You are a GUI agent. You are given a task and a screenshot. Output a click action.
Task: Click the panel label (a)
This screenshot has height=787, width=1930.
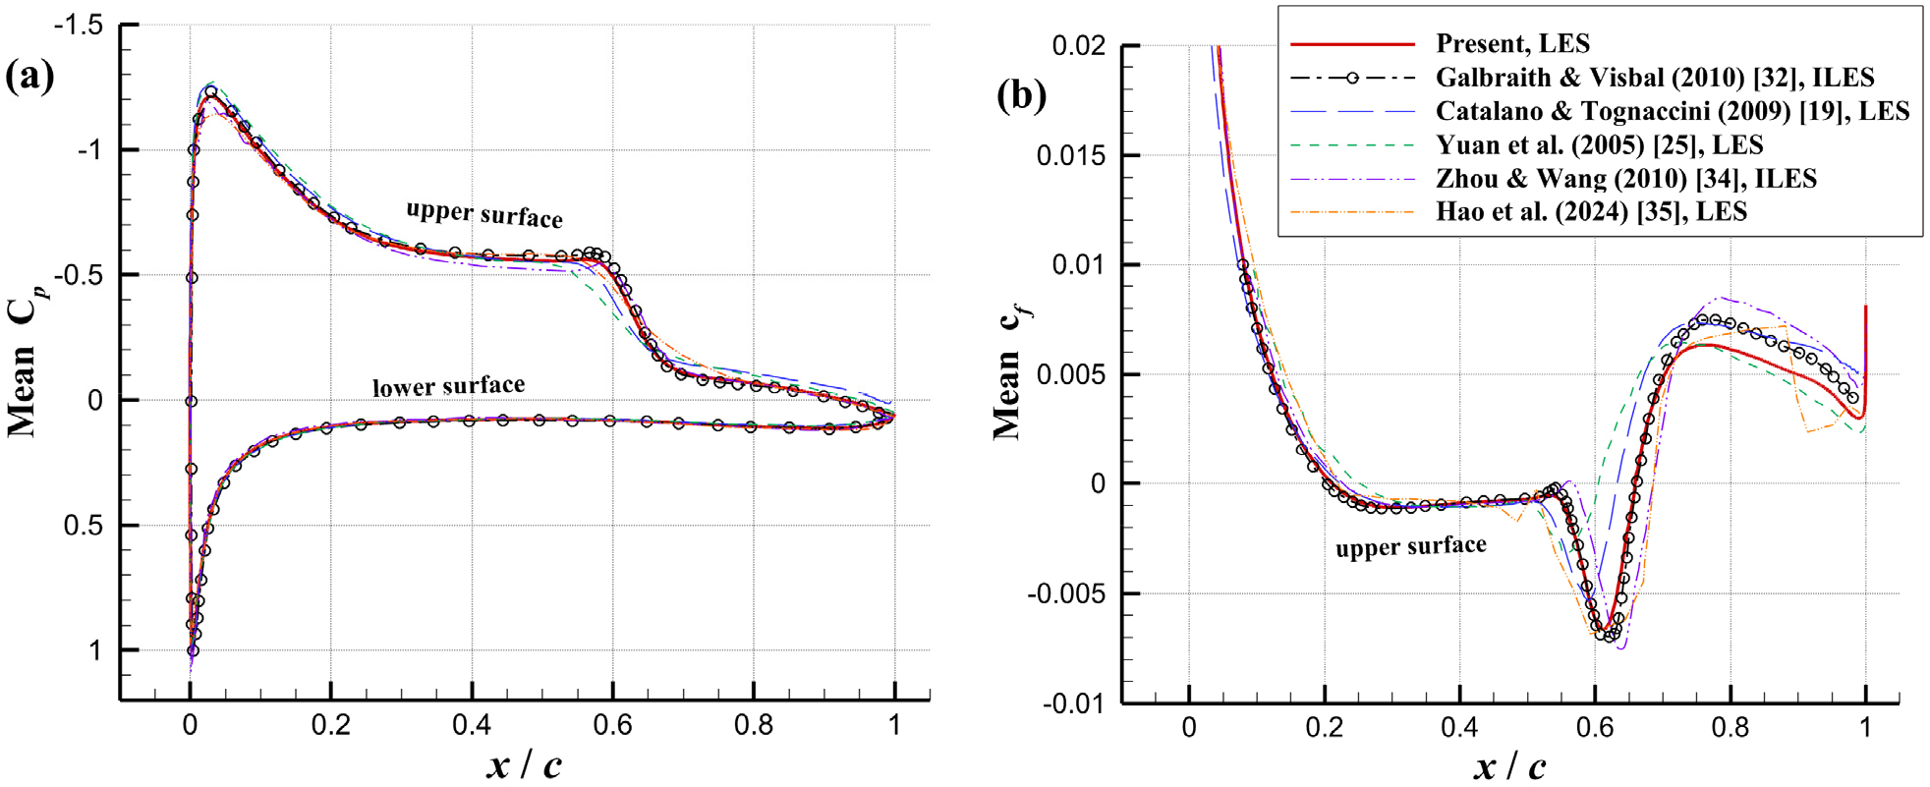click(x=30, y=76)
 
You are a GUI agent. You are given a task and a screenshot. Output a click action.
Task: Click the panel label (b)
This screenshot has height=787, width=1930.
click(x=1021, y=95)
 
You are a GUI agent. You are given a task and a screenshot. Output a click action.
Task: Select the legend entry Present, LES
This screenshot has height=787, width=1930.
click(x=1512, y=43)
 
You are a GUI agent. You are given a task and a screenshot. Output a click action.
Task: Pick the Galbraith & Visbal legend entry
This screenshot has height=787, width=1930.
click(x=1654, y=78)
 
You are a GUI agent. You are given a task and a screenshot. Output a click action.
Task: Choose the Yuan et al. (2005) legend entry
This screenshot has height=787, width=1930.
click(x=1599, y=145)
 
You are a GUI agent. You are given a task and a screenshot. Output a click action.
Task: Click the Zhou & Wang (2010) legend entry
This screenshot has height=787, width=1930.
click(x=1625, y=179)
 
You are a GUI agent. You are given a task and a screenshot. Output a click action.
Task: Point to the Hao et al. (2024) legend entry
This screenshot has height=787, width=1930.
click(x=1591, y=212)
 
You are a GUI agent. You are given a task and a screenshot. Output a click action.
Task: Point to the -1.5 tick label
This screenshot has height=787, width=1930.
click(x=78, y=26)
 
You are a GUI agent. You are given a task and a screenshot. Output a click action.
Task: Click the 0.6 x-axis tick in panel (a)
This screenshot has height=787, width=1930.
click(x=612, y=726)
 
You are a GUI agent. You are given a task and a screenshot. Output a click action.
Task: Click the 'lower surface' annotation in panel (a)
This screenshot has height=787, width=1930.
click(x=448, y=386)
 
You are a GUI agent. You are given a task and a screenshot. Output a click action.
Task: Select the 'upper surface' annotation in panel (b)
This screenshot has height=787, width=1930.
click(x=1410, y=546)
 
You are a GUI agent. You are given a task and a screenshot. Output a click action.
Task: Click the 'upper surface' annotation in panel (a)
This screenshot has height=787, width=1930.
click(x=484, y=213)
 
